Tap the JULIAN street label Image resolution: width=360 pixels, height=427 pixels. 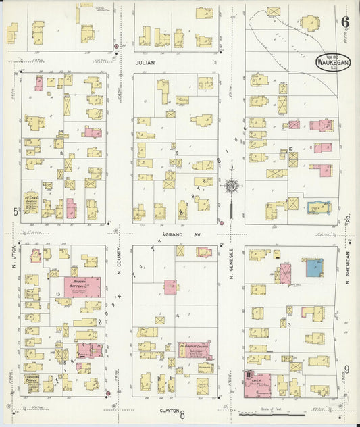pos(145,62)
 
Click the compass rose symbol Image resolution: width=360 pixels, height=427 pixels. pos(232,184)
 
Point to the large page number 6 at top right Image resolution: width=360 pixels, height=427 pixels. pos(345,21)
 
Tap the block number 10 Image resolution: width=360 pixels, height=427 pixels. pos(289,149)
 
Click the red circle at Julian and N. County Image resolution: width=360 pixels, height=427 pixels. pos(115,47)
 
